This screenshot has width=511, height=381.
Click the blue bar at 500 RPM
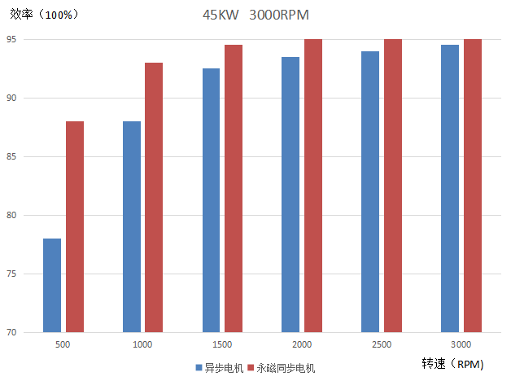(x=52, y=285)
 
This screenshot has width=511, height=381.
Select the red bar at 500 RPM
(x=75, y=226)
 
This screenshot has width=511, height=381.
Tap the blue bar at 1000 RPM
(x=132, y=226)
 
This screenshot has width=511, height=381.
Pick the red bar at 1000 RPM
(x=154, y=197)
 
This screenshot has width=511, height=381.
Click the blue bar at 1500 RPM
(x=211, y=200)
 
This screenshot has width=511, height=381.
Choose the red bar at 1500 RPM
(x=234, y=188)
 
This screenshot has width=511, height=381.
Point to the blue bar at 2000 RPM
(x=290, y=195)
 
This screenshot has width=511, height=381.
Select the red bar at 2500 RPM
(x=393, y=186)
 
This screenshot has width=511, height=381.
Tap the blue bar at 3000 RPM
(x=450, y=188)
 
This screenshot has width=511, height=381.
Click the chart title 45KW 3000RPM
(x=255, y=15)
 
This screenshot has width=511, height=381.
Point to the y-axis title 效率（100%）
(x=45, y=15)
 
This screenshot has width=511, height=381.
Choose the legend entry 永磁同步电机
(x=281, y=368)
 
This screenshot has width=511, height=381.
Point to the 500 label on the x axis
(x=63, y=345)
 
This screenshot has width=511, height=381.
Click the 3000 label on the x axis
(x=461, y=345)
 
